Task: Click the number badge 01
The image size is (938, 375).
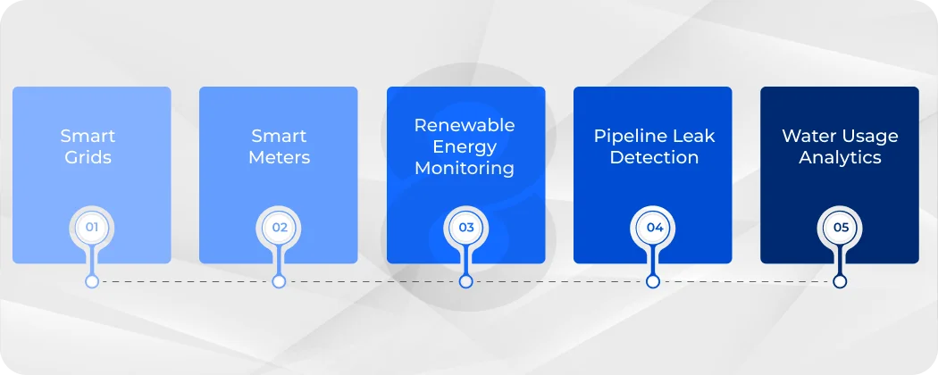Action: pos(91,228)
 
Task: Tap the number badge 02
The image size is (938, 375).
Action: pos(279,228)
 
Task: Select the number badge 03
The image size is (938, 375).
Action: pos(465,228)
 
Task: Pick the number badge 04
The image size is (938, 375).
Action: pos(654,228)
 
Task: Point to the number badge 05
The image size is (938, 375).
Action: pos(840,228)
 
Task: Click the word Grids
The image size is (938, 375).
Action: pos(88,158)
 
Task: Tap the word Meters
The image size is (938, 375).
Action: pos(279,158)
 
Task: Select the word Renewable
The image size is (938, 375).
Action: pos(465,125)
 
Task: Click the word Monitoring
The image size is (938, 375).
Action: pos(465,168)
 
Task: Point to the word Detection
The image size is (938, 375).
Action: pos(654,158)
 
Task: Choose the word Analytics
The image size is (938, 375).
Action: pos(840,158)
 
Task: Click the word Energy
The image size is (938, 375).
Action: pos(465,146)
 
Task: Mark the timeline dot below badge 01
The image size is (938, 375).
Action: pos(91,281)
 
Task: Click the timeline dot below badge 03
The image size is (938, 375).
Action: pos(465,281)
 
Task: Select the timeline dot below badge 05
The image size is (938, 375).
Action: pos(840,281)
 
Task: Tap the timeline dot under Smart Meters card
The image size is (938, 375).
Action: pos(279,281)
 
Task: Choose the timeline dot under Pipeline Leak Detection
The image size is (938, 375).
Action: pos(653,281)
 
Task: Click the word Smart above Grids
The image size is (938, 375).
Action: pos(88,136)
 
